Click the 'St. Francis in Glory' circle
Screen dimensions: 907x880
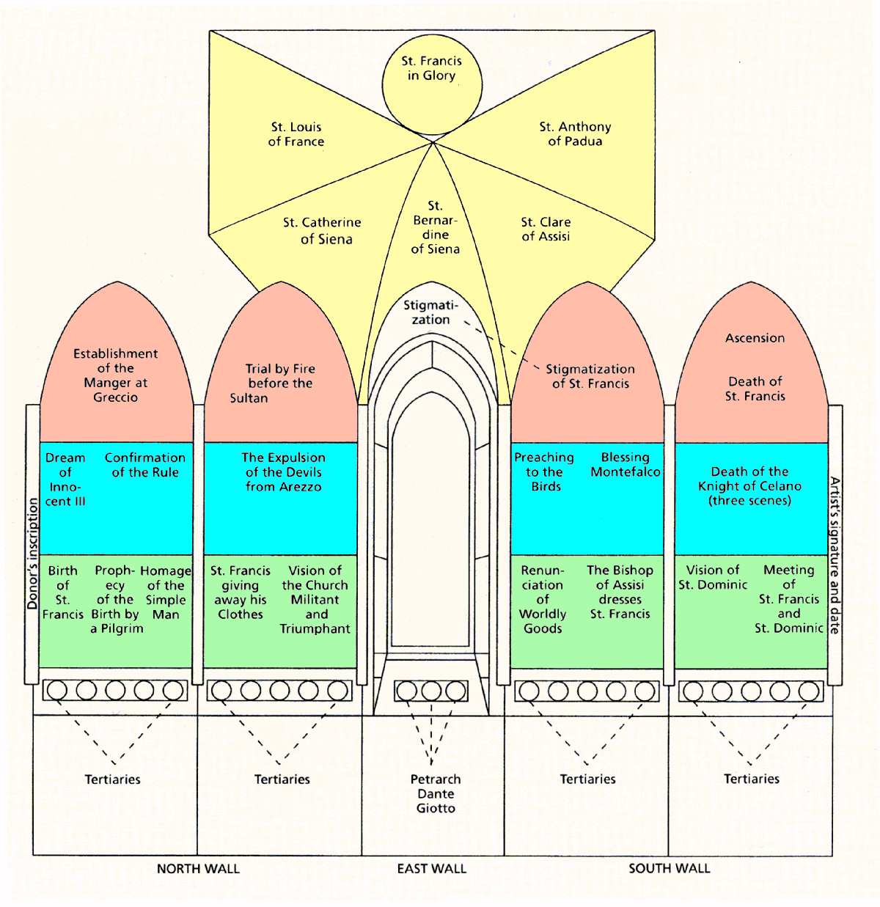[x=431, y=68]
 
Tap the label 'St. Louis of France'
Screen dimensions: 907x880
[x=296, y=134]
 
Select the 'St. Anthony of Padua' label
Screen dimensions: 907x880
[x=575, y=133]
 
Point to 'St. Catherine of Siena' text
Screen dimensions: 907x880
[x=322, y=230]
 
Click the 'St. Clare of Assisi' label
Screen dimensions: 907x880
[x=546, y=229]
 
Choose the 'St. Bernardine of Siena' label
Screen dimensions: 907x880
[x=435, y=227]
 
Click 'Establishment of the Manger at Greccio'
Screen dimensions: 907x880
[x=115, y=375]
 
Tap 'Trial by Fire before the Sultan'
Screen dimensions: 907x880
[x=279, y=383]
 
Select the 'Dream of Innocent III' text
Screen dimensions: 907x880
[x=65, y=479]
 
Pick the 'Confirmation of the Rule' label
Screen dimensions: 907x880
[x=145, y=464]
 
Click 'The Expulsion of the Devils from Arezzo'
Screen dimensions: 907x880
[x=283, y=471]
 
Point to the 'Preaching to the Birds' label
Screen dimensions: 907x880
[x=544, y=471]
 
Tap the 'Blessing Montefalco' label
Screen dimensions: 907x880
[x=626, y=464]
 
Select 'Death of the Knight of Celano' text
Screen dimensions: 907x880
[x=749, y=485]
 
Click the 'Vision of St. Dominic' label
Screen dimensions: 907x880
[x=713, y=577]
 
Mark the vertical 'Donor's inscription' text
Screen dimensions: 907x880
[x=32, y=554]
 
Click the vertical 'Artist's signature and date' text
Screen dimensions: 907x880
[x=835, y=555]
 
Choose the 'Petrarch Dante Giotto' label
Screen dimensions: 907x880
[x=436, y=793]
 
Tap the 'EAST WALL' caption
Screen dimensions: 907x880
[x=431, y=869]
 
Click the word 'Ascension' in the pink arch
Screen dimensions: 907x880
[x=755, y=338]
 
